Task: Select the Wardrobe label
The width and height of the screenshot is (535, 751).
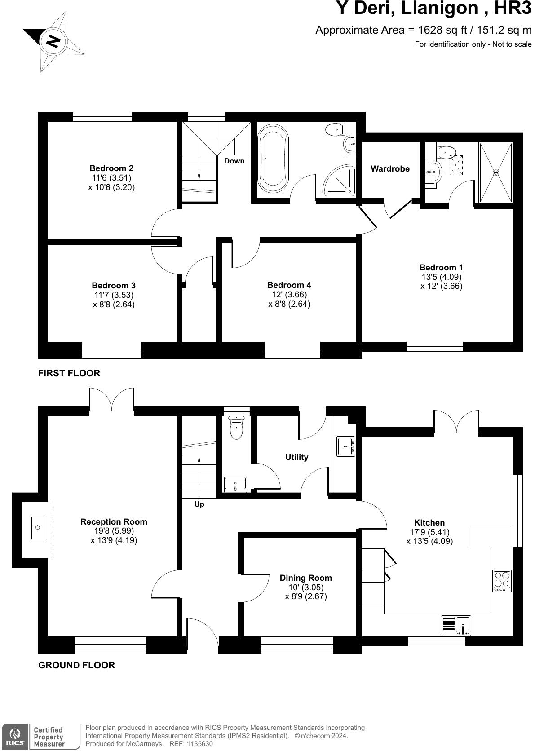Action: click(390, 169)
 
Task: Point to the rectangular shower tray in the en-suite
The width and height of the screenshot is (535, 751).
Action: click(496, 173)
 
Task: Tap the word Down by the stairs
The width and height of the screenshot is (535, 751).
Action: click(234, 161)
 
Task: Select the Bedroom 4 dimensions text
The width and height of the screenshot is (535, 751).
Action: click(289, 299)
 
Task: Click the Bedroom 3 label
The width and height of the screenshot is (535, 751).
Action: click(114, 286)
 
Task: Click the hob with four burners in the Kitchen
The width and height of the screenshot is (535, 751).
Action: click(502, 580)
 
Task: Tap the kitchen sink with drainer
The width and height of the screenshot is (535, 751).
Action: click(456, 625)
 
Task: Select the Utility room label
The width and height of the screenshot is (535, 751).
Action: click(297, 457)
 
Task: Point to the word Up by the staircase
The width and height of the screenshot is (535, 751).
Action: click(199, 504)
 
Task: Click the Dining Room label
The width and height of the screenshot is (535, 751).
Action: click(306, 578)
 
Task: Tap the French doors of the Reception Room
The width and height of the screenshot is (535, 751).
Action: click(111, 398)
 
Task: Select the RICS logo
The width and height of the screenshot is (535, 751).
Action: click(14, 737)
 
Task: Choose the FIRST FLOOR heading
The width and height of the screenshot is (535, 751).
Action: click(69, 373)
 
